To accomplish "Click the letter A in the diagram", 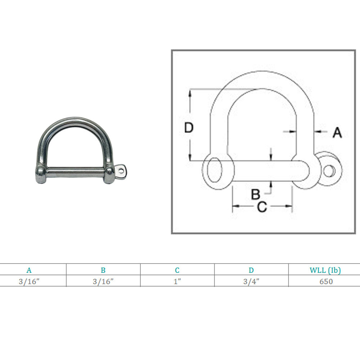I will point(337,133).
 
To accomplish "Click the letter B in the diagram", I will point(255,194).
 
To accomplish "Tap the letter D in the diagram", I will point(189,128).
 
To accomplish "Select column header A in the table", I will point(29,270).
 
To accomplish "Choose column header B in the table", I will point(103,270).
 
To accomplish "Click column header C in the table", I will point(177,270).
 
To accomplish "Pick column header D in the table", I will point(251,270).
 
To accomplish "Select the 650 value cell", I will point(326,282).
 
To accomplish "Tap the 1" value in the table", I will point(177,282).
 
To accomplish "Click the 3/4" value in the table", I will point(251,282).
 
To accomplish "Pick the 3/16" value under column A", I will point(29,282).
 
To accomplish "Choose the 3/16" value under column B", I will point(103,282).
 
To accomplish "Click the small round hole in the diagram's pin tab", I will point(327,170).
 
